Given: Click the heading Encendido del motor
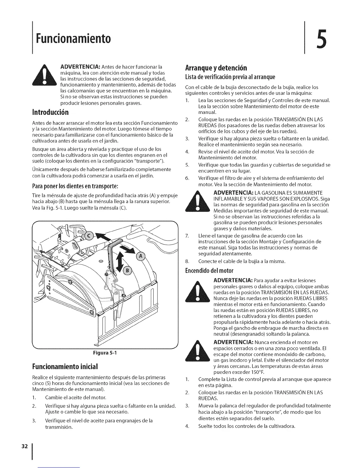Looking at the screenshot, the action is (209, 271).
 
